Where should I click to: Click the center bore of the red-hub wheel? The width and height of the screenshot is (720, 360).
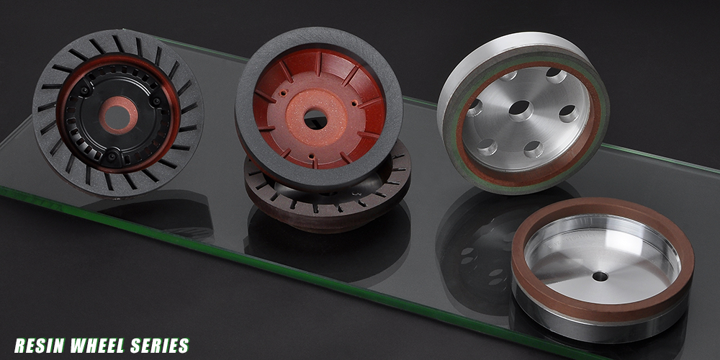click(315, 119)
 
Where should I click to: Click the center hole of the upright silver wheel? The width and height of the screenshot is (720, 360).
click(521, 110)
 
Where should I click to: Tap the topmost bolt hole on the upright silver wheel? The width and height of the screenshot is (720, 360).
click(556, 76)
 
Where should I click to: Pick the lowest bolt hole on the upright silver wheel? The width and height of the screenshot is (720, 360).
click(534, 148)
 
